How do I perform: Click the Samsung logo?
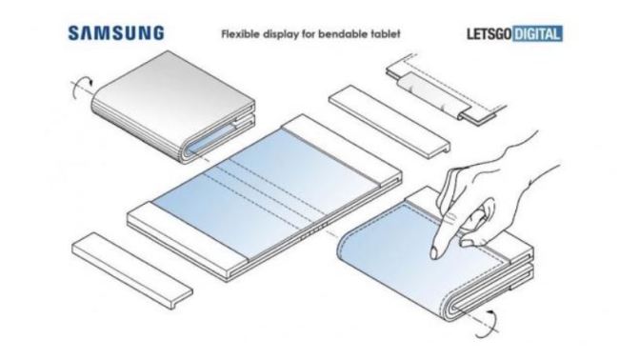pos(116,33)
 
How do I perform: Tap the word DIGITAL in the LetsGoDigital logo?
pos(538,33)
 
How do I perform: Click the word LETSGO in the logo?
pos(489,33)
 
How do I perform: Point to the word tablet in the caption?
pos(385,33)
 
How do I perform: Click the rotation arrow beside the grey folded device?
pos(81,89)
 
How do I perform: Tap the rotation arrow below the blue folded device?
pos(487,324)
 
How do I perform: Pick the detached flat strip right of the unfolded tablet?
pos(389,122)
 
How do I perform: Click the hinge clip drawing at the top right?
pos(446,90)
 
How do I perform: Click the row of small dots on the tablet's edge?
pos(314,231)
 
